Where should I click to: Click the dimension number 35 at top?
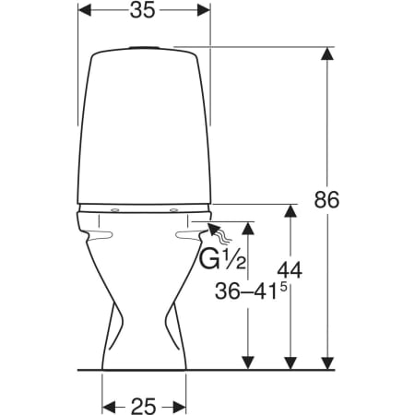pos(142,10)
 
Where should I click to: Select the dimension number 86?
pos(326,200)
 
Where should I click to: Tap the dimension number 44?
pos(290,270)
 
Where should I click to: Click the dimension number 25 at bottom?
pos(144,406)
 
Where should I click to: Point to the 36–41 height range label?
pos(245,291)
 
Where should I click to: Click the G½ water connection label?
pos(223,260)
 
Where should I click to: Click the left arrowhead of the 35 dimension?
pos(85,10)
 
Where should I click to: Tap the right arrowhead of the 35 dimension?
pos(204,10)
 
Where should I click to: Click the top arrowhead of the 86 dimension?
pos(327,53)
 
